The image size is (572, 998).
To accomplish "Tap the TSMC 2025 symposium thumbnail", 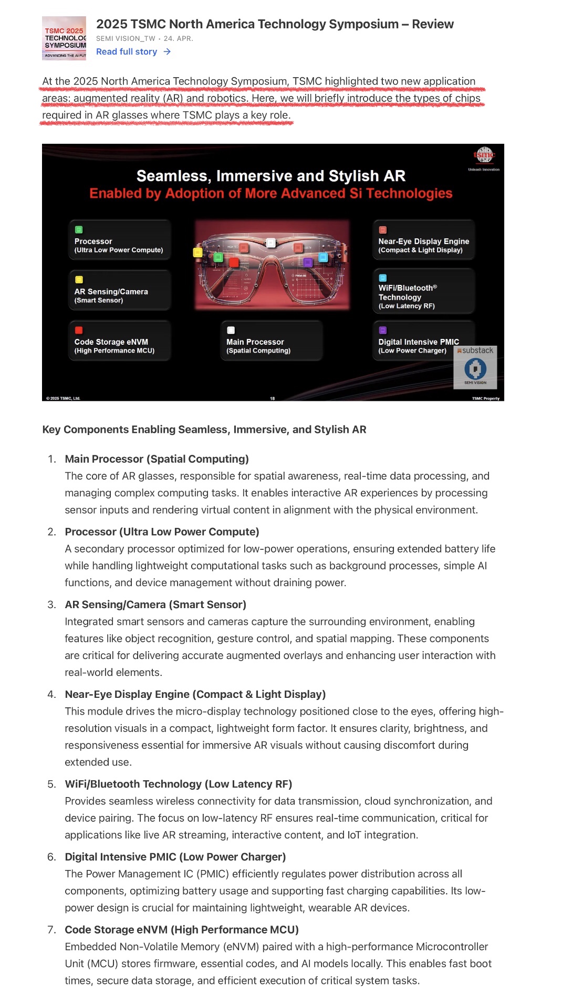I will pyautogui.click(x=64, y=38).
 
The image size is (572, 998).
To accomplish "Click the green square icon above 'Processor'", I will pyautogui.click(x=79, y=229).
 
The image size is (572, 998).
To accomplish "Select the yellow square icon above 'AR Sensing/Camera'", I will pyautogui.click(x=79, y=280).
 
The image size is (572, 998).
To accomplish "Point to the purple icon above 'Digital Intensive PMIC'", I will pyautogui.click(x=383, y=330).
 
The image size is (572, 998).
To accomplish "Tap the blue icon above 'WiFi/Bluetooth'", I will pyautogui.click(x=383, y=278).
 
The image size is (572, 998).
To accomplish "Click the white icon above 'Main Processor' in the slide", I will pyautogui.click(x=231, y=330).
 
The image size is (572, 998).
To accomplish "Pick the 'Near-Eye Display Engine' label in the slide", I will pyautogui.click(x=423, y=241).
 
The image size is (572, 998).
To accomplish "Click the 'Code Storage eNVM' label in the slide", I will pyautogui.click(x=111, y=342).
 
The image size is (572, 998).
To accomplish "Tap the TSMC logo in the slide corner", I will pyautogui.click(x=484, y=156).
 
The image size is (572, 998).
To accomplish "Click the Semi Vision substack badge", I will pyautogui.click(x=475, y=367).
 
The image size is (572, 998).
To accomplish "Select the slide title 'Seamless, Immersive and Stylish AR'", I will pyautogui.click(x=271, y=176).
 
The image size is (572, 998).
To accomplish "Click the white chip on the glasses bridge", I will pyautogui.click(x=271, y=242).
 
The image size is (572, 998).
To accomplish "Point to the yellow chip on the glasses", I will pyautogui.click(x=197, y=252).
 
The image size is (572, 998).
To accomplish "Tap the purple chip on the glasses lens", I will pyautogui.click(x=308, y=262).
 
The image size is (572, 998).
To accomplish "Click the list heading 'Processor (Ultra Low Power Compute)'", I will pyautogui.click(x=162, y=532).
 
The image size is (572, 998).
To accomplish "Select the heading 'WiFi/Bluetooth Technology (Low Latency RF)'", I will pyautogui.click(x=178, y=784).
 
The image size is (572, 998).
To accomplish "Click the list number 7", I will pyautogui.click(x=51, y=930).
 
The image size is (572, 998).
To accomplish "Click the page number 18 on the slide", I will pyautogui.click(x=272, y=399).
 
